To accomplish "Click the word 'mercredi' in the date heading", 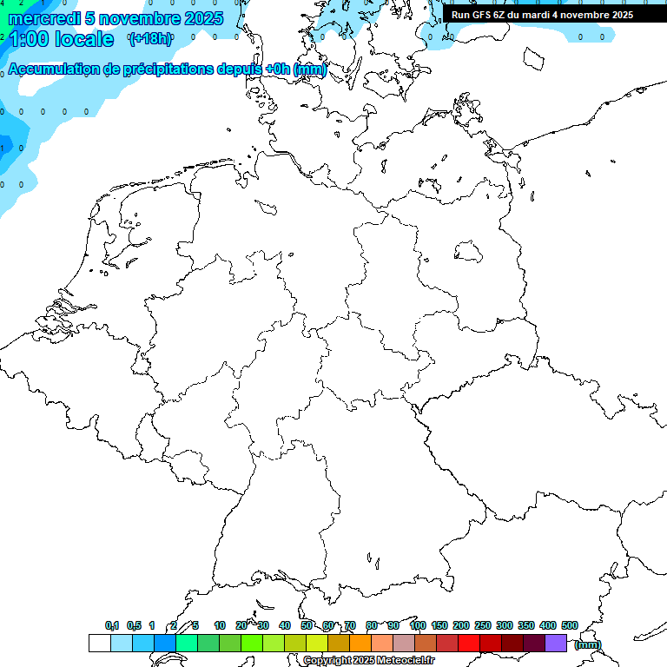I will [43, 18].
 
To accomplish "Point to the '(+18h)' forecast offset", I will [149, 38].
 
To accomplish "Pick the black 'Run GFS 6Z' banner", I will [542, 15].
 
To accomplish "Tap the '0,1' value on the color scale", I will [112, 625].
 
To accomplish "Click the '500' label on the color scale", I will [570, 625].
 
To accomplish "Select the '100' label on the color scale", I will [417, 625].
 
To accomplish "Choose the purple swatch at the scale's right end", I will [556, 643].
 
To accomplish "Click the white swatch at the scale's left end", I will [100, 643].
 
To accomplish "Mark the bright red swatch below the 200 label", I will [469, 643].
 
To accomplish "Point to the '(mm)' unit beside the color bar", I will [588, 644].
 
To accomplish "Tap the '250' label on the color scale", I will [483, 625].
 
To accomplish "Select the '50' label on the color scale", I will [307, 625].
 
